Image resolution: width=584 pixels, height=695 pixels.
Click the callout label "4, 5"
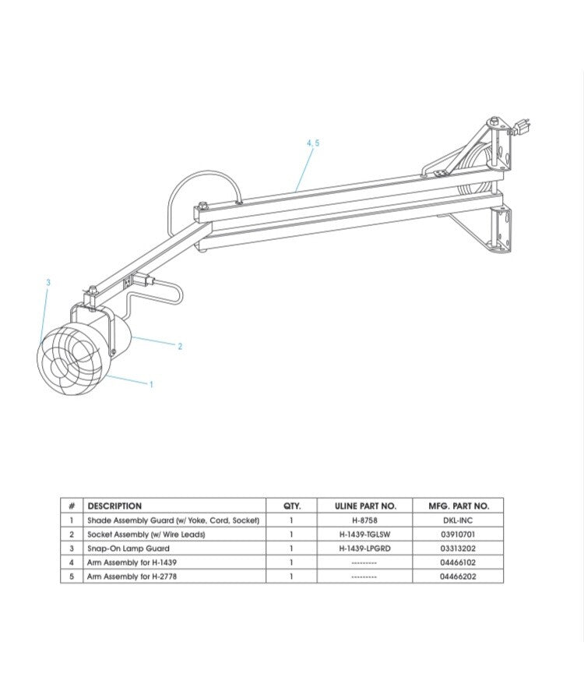(x=313, y=143)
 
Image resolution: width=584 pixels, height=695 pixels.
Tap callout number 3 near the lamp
(x=48, y=282)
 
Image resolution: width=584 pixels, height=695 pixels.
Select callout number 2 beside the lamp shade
(x=180, y=346)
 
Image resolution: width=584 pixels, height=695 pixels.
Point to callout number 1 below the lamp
(x=151, y=384)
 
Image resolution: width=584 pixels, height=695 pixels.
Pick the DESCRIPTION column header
(x=114, y=506)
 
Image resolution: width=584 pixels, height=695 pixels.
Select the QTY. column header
(x=291, y=506)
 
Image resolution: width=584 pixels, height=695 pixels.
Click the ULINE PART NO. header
(x=365, y=506)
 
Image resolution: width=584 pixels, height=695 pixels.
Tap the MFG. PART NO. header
(x=459, y=506)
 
